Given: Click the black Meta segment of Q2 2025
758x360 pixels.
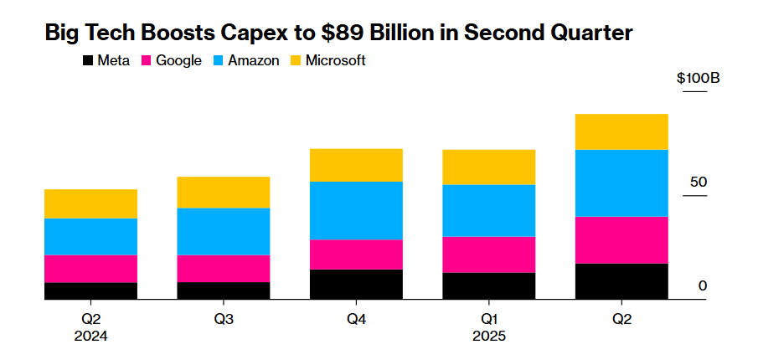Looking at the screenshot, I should (621, 281).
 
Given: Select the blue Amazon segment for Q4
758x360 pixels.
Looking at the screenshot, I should (356, 211).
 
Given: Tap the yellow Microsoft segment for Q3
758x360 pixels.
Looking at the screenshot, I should (223, 193).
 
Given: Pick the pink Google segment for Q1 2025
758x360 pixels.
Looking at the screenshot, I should (489, 255).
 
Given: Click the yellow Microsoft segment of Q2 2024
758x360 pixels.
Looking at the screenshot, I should (90, 204).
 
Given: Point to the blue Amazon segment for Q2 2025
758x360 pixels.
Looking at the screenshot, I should (621, 183).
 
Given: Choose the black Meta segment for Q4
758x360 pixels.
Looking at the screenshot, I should (356, 284).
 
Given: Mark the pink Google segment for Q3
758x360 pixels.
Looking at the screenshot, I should (223, 269).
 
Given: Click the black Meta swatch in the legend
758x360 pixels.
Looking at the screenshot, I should (87, 61).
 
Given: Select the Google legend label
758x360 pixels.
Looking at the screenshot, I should (178, 61).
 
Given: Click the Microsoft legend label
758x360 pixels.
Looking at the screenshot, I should (335, 61).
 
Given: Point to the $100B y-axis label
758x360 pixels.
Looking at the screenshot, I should (699, 79).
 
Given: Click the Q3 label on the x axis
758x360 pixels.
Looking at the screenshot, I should (223, 320).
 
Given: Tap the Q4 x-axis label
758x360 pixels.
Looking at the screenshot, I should (356, 320).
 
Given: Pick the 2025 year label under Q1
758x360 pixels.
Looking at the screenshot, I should (489, 337).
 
